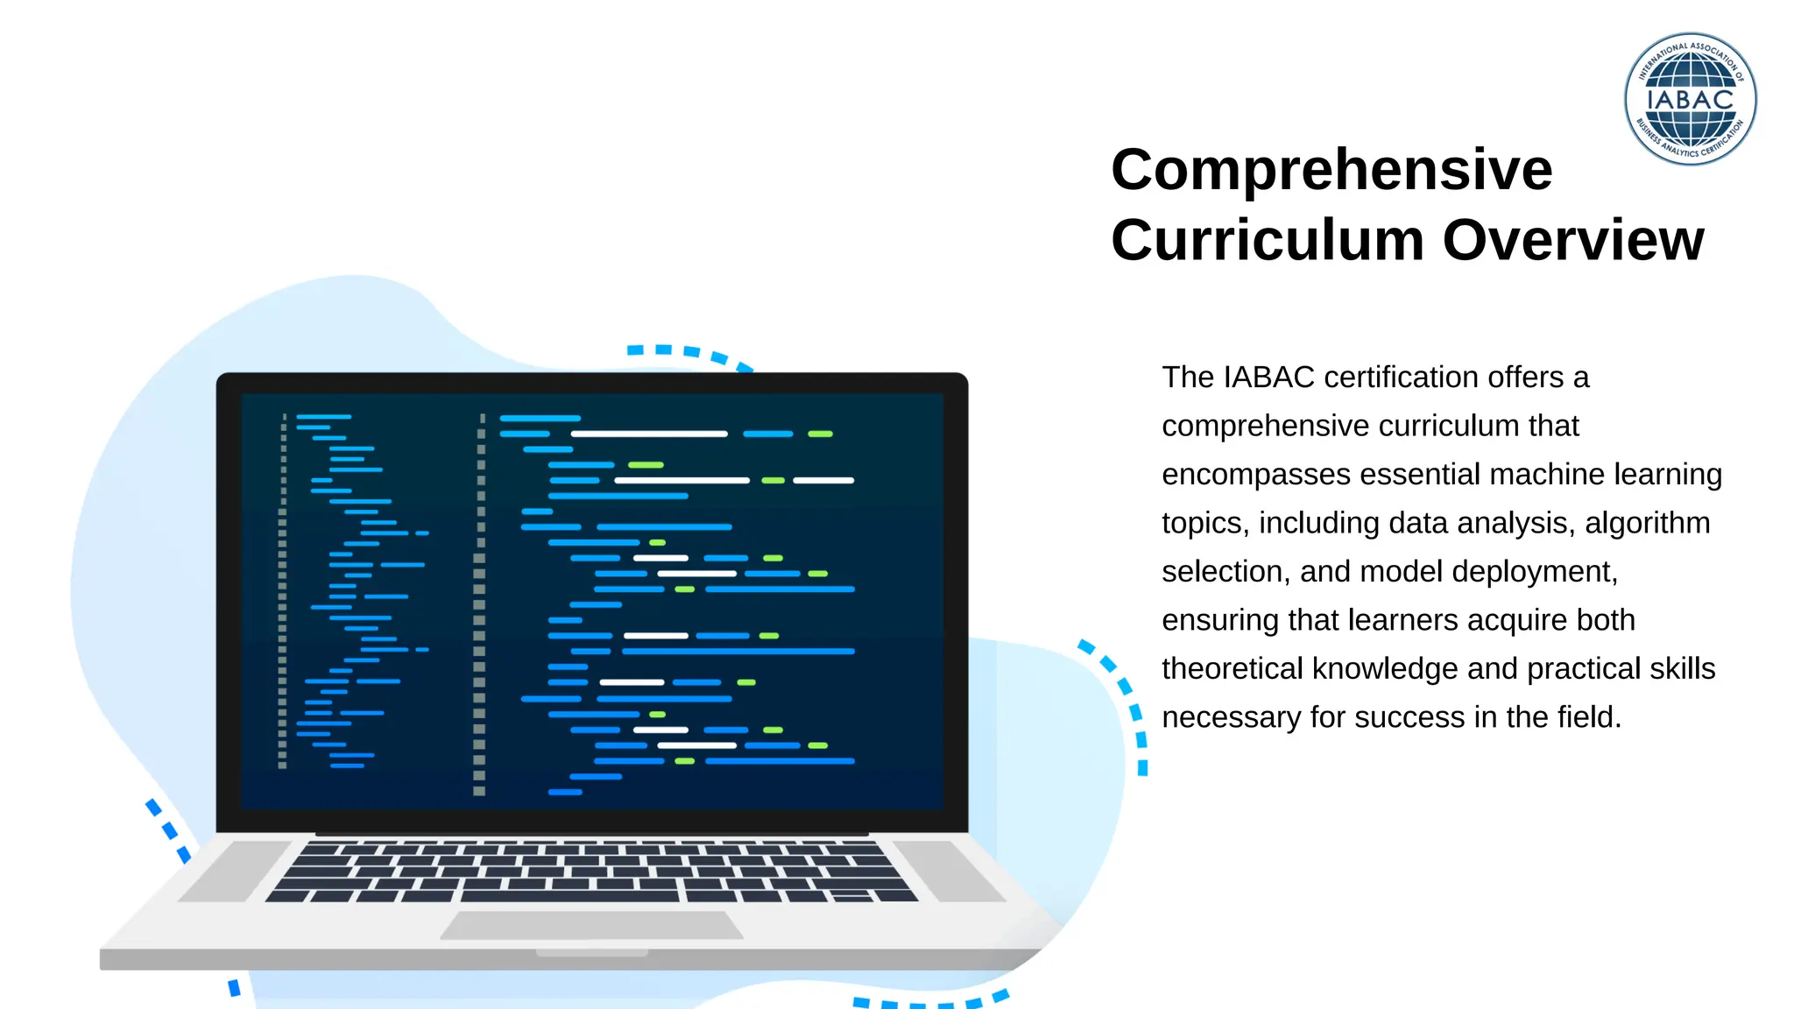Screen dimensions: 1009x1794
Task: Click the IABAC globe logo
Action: click(x=1690, y=99)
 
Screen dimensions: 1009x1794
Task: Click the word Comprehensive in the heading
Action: click(x=1331, y=170)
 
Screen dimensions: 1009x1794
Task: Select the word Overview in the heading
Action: click(x=1573, y=240)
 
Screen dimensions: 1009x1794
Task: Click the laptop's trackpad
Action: click(x=591, y=925)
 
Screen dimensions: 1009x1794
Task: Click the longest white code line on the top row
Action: click(x=648, y=434)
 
